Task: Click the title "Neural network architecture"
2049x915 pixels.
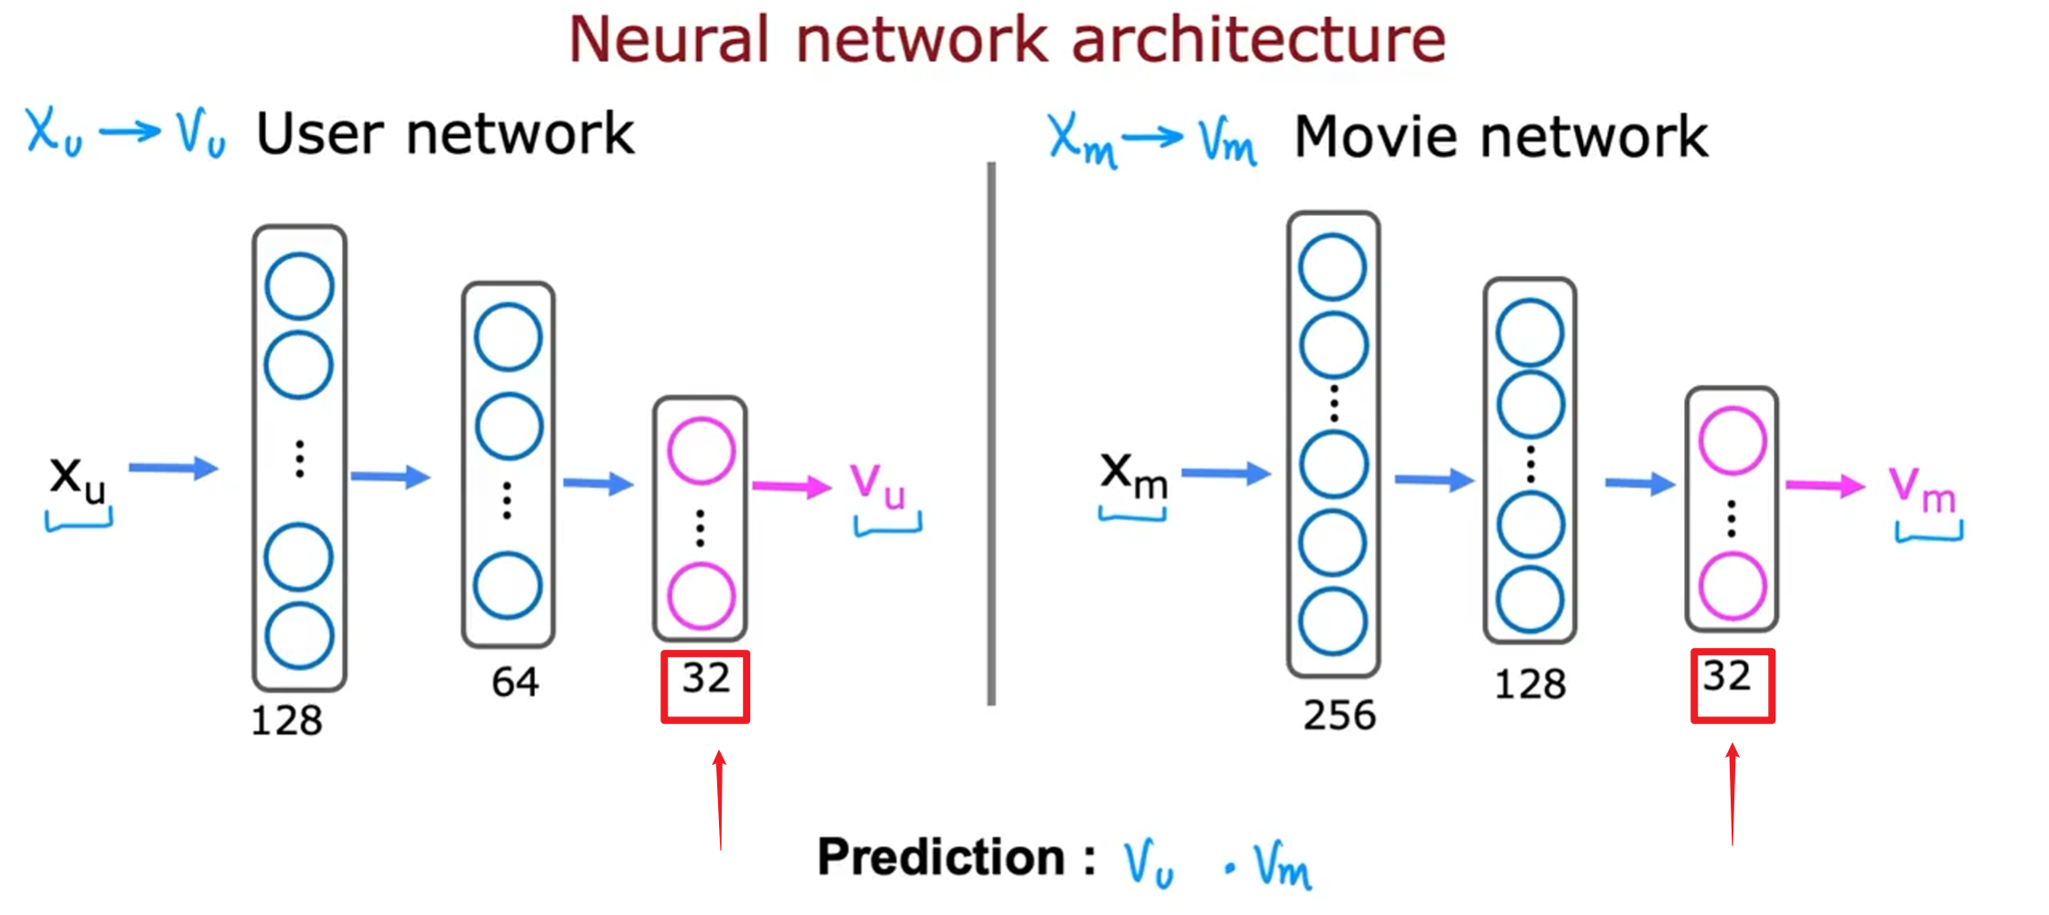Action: pyautogui.click(x=1007, y=40)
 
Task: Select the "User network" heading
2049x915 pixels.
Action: pyautogui.click(x=445, y=134)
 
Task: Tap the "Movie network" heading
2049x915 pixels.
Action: pyautogui.click(x=1501, y=137)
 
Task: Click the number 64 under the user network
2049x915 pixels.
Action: pyautogui.click(x=515, y=683)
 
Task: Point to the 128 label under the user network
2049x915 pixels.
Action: pyautogui.click(x=286, y=721)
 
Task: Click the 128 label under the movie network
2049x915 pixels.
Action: pyautogui.click(x=1529, y=684)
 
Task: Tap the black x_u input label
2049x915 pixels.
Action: pyautogui.click(x=78, y=478)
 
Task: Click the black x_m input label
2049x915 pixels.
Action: pyautogui.click(x=1133, y=476)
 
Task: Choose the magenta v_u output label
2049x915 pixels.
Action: pyautogui.click(x=877, y=484)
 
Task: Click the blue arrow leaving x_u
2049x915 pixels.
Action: pyautogui.click(x=173, y=468)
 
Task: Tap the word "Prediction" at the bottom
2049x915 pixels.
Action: pyautogui.click(x=941, y=858)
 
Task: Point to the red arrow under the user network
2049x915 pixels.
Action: pyautogui.click(x=720, y=800)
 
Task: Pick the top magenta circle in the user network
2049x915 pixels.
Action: pyautogui.click(x=701, y=450)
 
